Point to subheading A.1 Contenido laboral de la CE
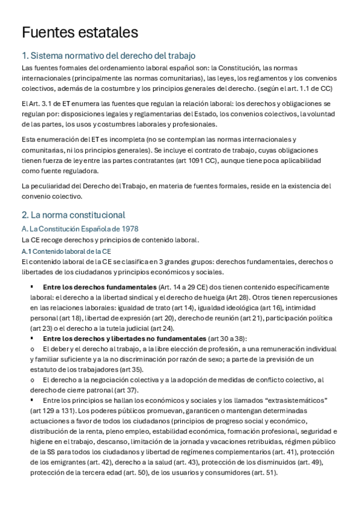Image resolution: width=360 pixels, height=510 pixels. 67,250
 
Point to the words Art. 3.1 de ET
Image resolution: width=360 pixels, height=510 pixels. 48,103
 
